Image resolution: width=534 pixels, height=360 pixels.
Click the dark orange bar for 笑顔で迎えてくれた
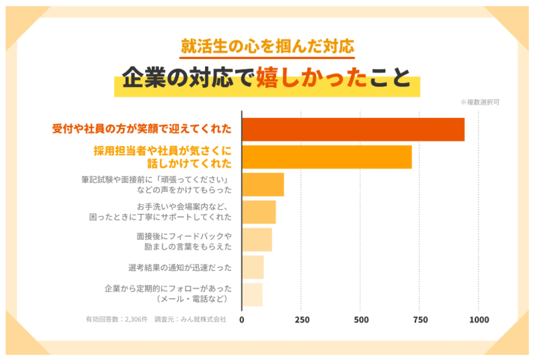pos(353,129)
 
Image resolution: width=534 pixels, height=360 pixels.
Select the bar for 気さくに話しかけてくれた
pos(327,157)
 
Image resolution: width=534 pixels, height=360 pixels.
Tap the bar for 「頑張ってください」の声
pos(263,185)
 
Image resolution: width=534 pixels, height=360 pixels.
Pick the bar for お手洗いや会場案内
pos(259,212)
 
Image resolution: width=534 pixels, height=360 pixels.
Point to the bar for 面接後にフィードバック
pos(257,239)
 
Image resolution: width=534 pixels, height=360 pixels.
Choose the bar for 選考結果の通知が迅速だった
pos(253,267)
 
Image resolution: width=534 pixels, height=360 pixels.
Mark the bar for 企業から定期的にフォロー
pos(252,294)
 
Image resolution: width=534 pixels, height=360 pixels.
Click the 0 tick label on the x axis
pos(242,320)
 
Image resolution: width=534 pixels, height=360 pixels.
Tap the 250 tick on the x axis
pos(301,320)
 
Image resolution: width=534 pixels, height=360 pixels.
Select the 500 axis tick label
pos(360,320)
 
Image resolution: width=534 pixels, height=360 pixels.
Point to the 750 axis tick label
pos(420,320)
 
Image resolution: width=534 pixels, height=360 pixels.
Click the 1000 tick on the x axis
pos(479,320)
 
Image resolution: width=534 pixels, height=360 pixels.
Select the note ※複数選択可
pos(480,102)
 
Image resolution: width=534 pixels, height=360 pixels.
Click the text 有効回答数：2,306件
pos(117,319)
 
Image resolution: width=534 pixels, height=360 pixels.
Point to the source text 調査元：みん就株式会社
pos(190,319)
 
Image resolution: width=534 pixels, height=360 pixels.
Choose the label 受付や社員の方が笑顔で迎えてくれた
pos(142,129)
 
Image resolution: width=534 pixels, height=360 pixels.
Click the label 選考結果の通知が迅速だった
pos(180,268)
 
